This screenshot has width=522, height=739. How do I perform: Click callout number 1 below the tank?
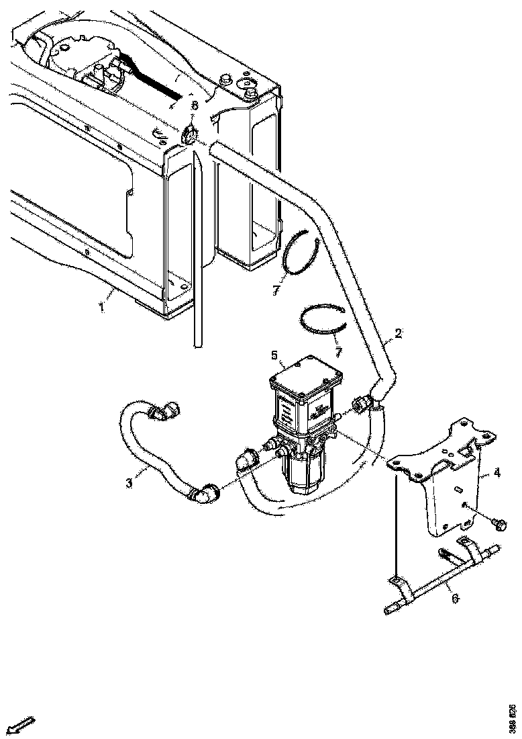click(x=101, y=308)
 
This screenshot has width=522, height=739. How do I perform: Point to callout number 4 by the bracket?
click(x=497, y=473)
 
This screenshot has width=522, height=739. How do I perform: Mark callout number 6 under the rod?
click(x=456, y=598)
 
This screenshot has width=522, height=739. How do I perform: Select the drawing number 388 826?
click(x=513, y=718)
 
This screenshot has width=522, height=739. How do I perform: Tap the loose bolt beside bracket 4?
click(x=500, y=521)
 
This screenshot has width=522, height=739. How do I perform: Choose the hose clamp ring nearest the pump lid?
click(x=323, y=322)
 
